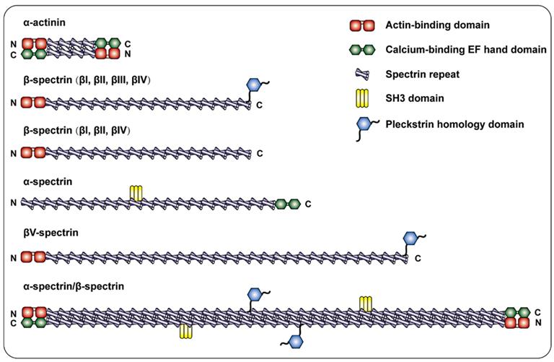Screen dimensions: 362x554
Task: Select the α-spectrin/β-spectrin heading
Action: (x=74, y=286)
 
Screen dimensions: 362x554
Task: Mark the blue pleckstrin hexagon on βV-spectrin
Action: (x=411, y=238)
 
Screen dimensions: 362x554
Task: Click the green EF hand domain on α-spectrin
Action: (x=287, y=204)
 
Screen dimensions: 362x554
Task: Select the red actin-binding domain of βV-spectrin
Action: (x=33, y=257)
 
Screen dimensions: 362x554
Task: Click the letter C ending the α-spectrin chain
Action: (x=308, y=204)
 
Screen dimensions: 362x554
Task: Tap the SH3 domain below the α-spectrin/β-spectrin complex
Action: (x=187, y=331)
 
